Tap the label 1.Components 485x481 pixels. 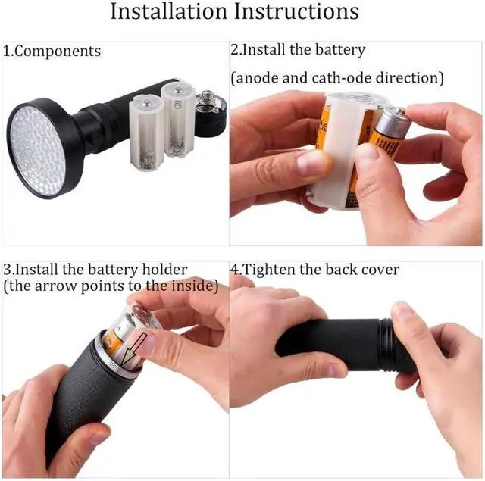52,52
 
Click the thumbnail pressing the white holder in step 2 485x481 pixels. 311,162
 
